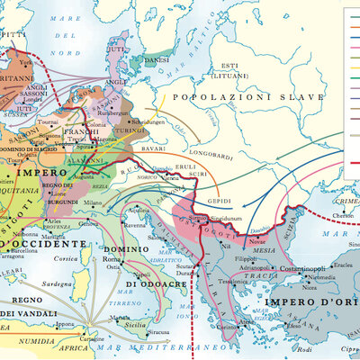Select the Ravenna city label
137,227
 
